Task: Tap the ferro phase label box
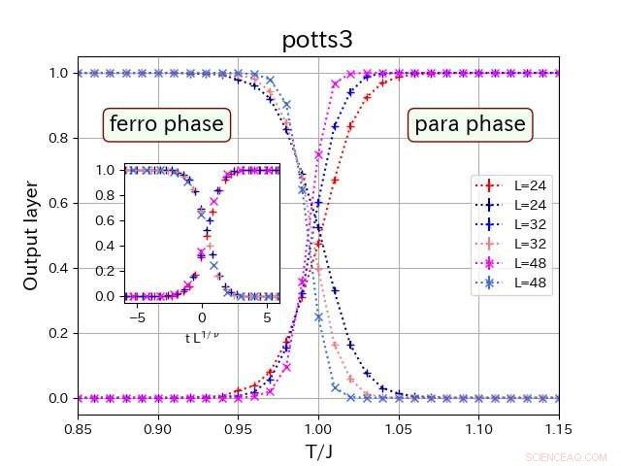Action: (166, 124)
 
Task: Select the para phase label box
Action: (470, 124)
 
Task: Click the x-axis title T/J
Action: (318, 451)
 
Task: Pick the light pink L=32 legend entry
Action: (511, 244)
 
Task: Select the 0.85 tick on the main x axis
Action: (79, 428)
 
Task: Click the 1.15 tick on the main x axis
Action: (559, 428)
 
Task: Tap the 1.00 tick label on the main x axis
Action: (318, 428)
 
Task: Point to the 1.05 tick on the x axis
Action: (399, 428)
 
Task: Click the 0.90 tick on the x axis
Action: (158, 428)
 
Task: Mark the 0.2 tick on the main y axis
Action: (58, 333)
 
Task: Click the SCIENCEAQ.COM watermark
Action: (566, 456)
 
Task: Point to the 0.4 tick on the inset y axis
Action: (109, 246)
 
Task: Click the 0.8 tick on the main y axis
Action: (58, 138)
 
